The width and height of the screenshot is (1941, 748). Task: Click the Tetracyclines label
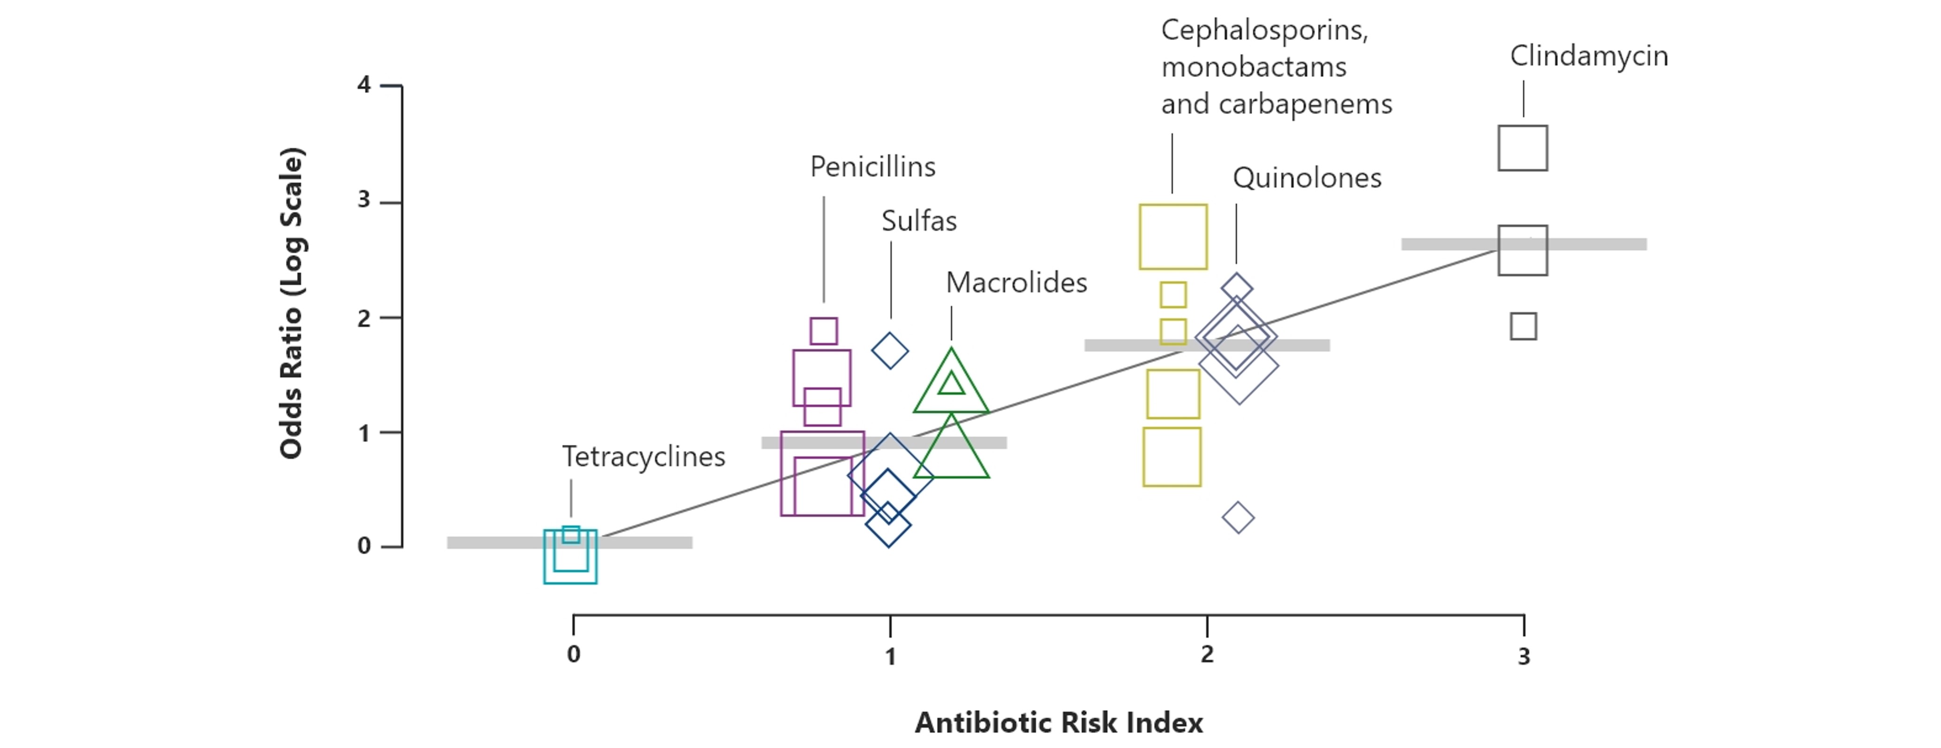click(644, 457)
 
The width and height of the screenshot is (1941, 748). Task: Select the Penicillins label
click(872, 167)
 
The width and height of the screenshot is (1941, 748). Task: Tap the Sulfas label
click(919, 221)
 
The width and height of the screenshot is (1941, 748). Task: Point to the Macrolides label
click(1017, 282)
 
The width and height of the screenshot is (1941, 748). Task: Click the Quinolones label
click(1307, 178)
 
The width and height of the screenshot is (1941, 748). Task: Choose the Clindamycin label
click(1589, 56)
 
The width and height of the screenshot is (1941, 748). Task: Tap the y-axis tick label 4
click(364, 85)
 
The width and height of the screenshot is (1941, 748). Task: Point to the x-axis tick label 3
click(1524, 657)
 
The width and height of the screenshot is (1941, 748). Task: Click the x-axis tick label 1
click(890, 657)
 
